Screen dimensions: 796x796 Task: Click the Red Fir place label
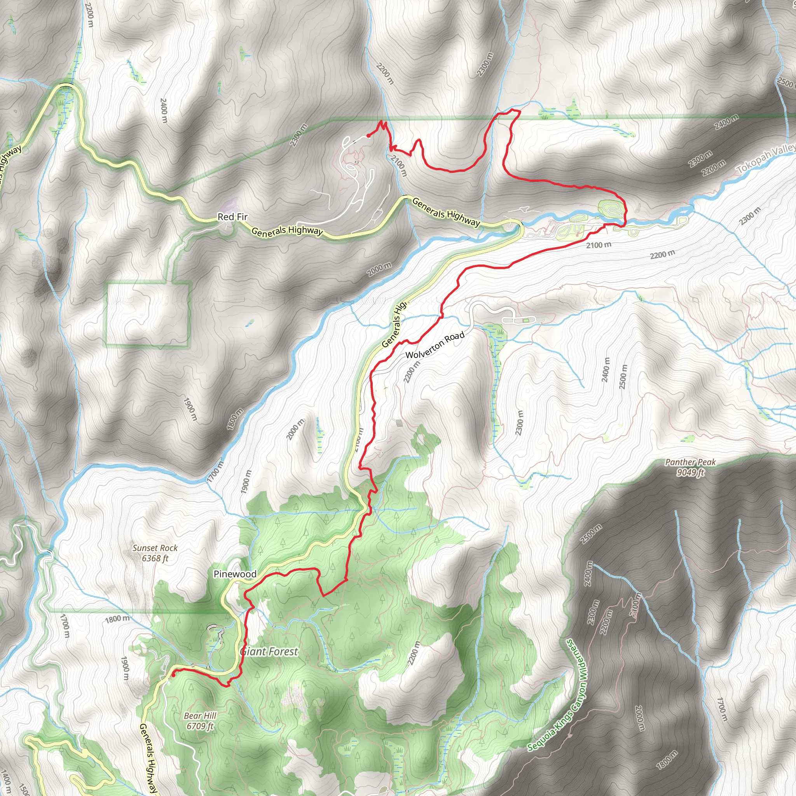[232, 217]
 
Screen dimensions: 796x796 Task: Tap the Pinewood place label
[235, 574]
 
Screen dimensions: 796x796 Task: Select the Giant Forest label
[269, 651]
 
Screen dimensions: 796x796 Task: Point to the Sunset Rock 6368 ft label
[155, 553]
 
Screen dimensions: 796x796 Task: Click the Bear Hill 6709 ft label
[200, 721]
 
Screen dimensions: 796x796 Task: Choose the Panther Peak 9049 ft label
[691, 467]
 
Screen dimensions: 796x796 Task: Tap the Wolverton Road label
[435, 346]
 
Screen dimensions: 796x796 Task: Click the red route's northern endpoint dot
[368, 136]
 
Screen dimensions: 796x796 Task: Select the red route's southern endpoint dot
[173, 675]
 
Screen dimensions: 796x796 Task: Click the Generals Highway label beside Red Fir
[287, 231]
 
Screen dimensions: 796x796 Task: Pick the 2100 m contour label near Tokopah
[599, 245]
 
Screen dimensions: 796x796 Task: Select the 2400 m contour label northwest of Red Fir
[164, 110]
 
